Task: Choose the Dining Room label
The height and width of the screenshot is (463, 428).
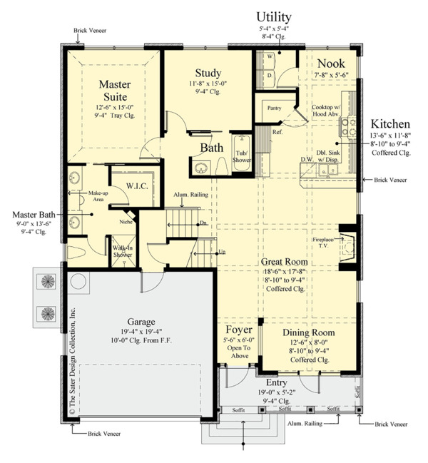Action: pyautogui.click(x=308, y=332)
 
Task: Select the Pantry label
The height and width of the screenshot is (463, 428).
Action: pyautogui.click(x=275, y=108)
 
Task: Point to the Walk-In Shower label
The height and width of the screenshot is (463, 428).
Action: pyautogui.click(x=121, y=252)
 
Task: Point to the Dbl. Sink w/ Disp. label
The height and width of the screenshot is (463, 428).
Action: pyautogui.click(x=330, y=156)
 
